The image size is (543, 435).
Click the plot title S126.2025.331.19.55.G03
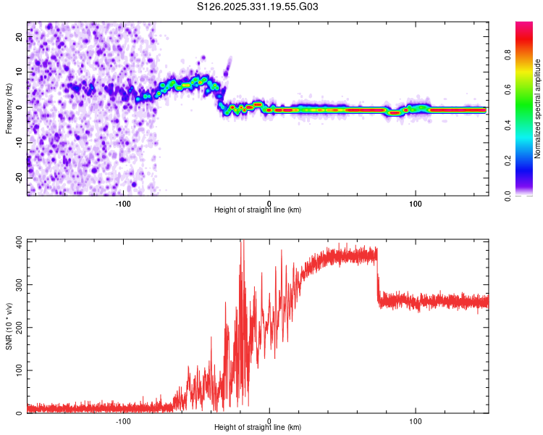(258, 7)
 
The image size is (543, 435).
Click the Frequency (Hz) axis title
(9, 108)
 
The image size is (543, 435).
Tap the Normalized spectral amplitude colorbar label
(537, 109)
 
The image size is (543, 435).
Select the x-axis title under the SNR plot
(258, 428)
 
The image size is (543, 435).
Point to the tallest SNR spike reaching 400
(243, 243)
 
